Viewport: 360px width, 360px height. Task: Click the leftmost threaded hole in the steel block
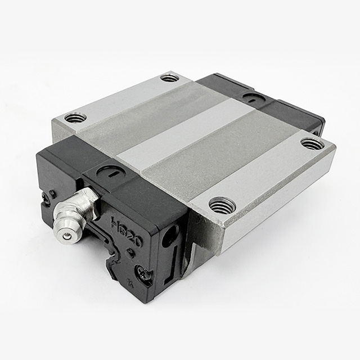75,118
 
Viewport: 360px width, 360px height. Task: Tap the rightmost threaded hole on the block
312,143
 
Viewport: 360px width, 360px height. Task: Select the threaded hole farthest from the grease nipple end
169,78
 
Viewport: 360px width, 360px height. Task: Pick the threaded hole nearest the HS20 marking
222,205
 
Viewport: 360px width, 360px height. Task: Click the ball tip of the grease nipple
67,236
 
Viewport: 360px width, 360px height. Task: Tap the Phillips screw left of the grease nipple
46,196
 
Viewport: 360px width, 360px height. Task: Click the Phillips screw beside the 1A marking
146,275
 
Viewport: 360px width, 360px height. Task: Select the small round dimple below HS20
131,252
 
